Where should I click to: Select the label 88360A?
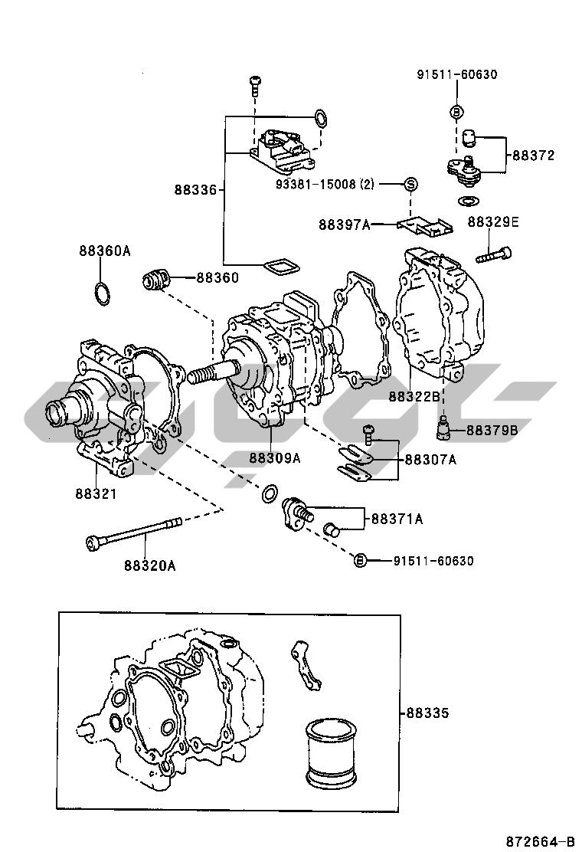pyautogui.click(x=104, y=251)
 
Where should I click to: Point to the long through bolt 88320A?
pyautogui.click(x=135, y=532)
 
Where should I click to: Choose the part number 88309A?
pyautogui.click(x=273, y=457)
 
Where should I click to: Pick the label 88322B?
pyautogui.click(x=414, y=396)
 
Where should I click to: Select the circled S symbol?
pyautogui.click(x=410, y=184)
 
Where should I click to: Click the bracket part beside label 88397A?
pyautogui.click(x=423, y=225)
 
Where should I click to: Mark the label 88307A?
pyautogui.click(x=430, y=459)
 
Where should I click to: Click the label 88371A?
pyautogui.click(x=397, y=519)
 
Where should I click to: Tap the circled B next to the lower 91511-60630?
pyautogui.click(x=360, y=561)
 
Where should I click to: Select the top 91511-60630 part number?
pyautogui.click(x=457, y=74)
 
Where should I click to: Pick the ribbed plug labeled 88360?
pyautogui.click(x=156, y=280)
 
